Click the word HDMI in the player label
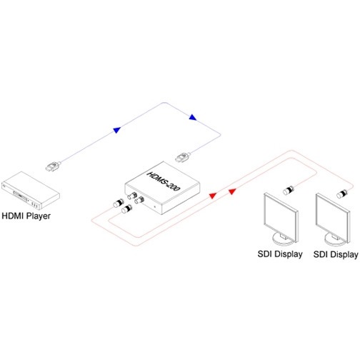13,216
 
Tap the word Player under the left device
39,216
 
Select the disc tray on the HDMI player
20,196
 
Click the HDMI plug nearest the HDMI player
53,166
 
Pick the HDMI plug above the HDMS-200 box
183,157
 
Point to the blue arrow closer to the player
117,130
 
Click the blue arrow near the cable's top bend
193,117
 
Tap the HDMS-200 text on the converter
164,181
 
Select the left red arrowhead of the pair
213,196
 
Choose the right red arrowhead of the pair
232,191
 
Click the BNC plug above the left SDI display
289,190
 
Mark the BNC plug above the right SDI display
342,194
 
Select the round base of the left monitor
284,239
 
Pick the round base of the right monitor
336,240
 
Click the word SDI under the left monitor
264,254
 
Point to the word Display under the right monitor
343,254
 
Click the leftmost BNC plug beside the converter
119,203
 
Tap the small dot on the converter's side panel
155,206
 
